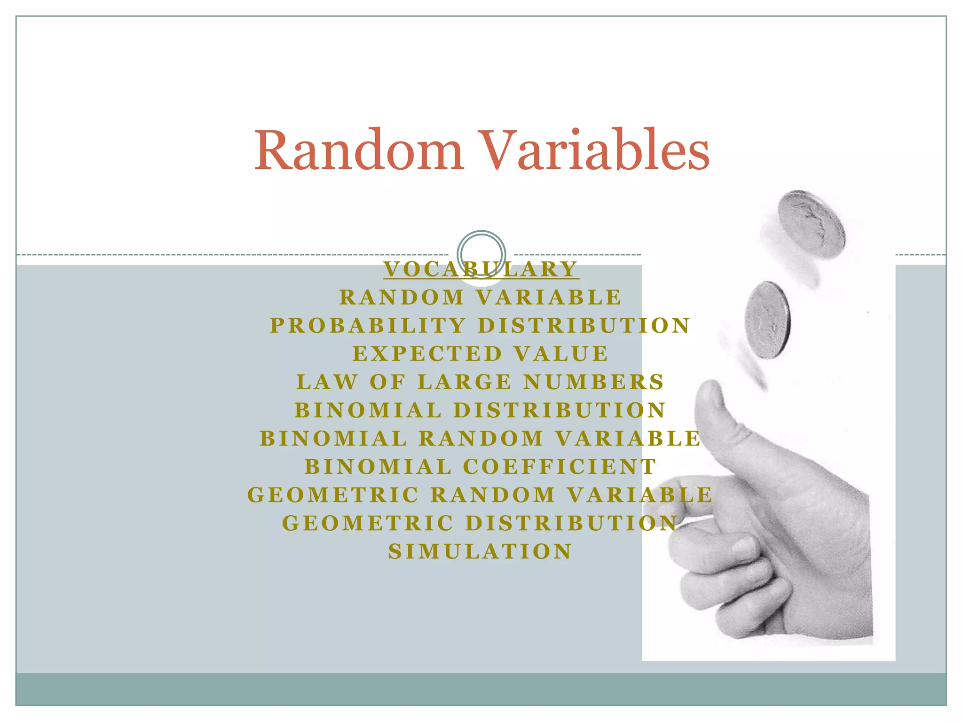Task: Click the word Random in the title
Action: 359,150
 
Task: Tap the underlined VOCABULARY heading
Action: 481,269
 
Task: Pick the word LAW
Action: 327,382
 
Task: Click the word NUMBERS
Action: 594,382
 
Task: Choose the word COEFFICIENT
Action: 560,467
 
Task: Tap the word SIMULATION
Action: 480,551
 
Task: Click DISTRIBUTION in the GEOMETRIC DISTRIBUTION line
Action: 572,523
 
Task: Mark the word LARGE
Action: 465,382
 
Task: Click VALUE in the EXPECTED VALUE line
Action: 561,354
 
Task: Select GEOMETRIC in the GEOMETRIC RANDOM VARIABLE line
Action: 333,495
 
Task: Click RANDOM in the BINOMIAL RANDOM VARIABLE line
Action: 481,439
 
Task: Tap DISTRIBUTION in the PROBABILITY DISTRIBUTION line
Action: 584,326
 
